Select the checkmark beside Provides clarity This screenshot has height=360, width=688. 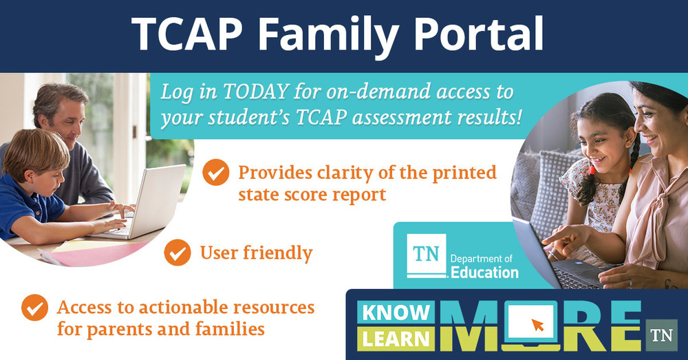[216, 173]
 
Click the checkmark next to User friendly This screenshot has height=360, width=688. [178, 253]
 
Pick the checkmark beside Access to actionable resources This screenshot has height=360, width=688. [34, 307]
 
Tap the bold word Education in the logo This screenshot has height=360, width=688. [484, 273]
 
